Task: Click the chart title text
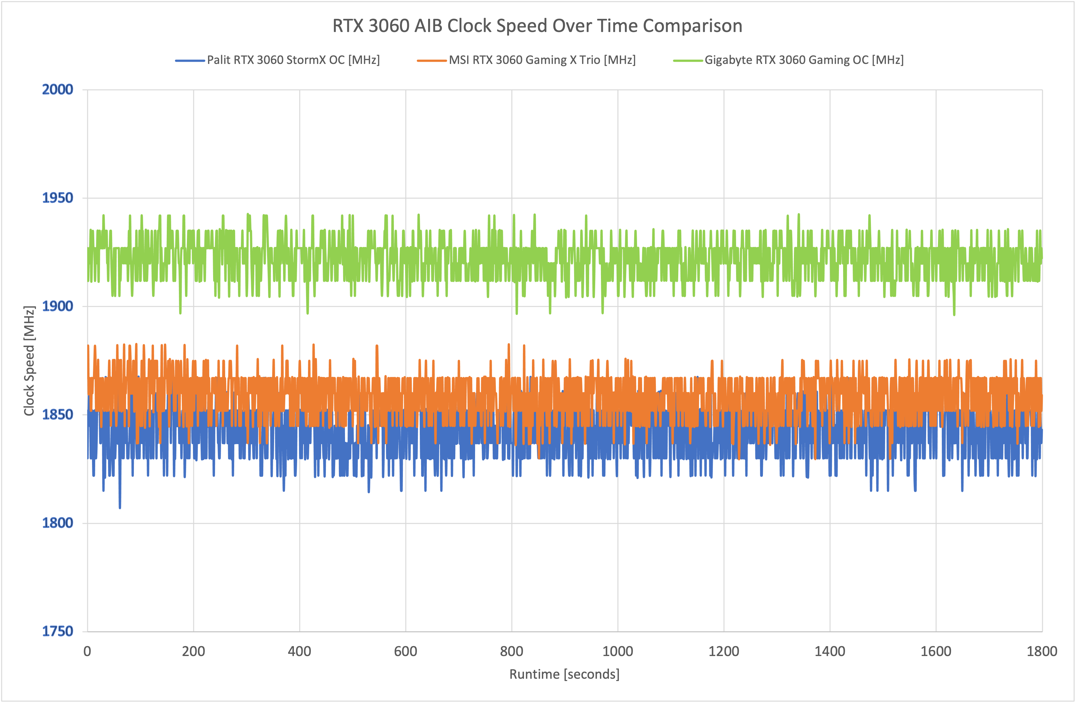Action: (x=537, y=26)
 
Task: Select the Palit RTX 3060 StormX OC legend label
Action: (x=293, y=60)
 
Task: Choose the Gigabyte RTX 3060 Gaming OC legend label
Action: (x=804, y=60)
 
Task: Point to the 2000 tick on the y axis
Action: (x=58, y=89)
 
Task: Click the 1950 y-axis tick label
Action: (x=58, y=198)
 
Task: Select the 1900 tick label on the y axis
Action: (x=58, y=306)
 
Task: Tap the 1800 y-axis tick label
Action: (x=58, y=523)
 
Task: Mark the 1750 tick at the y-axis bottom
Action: (x=58, y=631)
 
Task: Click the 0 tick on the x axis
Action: (x=87, y=652)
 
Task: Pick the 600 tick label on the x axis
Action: (x=405, y=652)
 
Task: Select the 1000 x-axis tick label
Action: (x=618, y=652)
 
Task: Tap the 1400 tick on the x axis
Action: (x=830, y=652)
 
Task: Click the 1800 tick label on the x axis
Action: (x=1041, y=652)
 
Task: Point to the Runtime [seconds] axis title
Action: (x=564, y=674)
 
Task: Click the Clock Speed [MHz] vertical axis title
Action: (x=29, y=361)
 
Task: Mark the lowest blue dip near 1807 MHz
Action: (x=120, y=507)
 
